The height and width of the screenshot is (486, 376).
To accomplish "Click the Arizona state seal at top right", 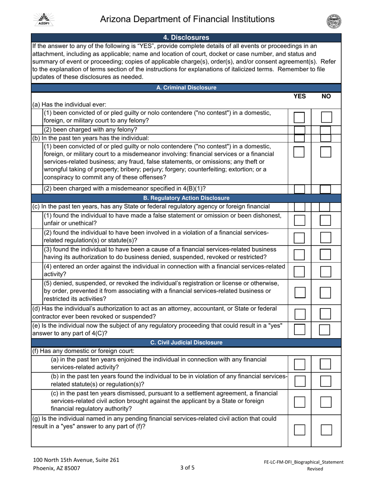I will (334, 21).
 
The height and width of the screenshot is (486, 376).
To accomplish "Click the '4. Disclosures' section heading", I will (186, 38).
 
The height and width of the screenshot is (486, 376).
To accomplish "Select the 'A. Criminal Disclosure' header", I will (186, 88).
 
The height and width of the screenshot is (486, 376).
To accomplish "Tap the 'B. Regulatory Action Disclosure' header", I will (186, 198).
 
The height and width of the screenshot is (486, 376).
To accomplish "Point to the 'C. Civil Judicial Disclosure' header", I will (186, 342).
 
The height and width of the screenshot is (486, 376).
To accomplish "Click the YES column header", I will (299, 96).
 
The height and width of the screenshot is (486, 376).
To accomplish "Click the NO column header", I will (326, 96).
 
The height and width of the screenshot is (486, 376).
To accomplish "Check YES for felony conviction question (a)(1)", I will (299, 117).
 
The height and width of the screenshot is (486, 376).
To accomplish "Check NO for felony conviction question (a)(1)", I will (326, 117).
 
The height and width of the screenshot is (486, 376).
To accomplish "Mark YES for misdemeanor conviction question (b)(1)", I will (299, 152).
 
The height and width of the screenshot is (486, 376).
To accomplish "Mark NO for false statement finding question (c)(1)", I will (326, 220).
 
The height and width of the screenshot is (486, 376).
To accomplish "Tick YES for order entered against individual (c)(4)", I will (299, 271).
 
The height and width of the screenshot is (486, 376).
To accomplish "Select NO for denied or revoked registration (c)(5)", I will (326, 292).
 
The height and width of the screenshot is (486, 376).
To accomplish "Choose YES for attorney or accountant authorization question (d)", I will (299, 314).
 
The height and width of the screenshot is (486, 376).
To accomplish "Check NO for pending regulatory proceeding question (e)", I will (325, 330).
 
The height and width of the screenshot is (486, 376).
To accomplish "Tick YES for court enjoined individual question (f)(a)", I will (299, 364).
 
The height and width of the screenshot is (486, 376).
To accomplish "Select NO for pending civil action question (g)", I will (326, 430).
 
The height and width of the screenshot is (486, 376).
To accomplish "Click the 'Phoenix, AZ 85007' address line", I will (57, 468).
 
